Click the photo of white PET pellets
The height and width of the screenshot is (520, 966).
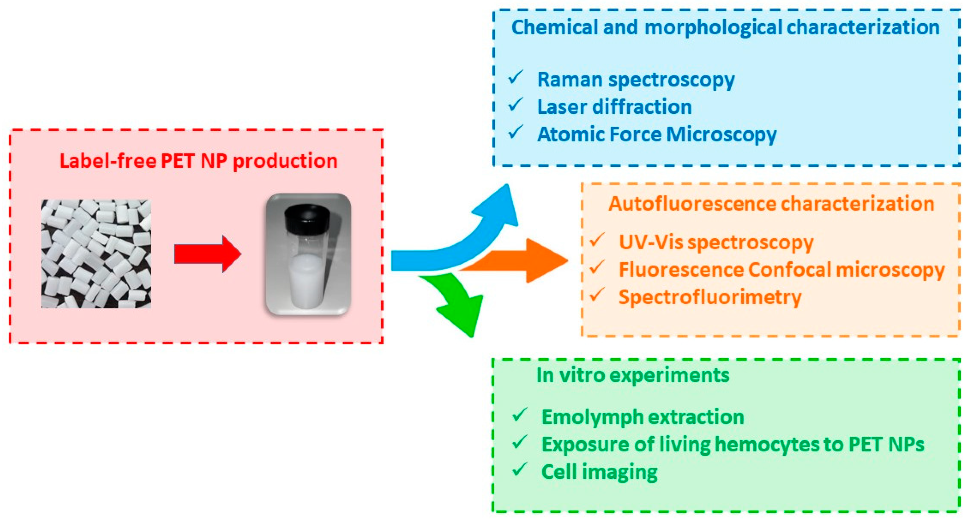pos(96,254)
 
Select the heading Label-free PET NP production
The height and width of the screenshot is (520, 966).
pos(198,161)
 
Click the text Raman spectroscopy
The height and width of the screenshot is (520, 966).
pos(636,80)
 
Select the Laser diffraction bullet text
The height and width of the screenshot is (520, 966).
pos(614,107)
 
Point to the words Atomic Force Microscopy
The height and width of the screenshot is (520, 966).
pos(657,134)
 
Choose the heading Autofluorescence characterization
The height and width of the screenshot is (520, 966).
pos(771,204)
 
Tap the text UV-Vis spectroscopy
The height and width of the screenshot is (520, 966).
pos(716,242)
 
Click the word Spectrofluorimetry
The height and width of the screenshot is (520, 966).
pos(710,298)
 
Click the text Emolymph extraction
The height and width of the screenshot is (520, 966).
pos(642,417)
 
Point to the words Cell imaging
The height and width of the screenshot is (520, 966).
pos(599,472)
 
